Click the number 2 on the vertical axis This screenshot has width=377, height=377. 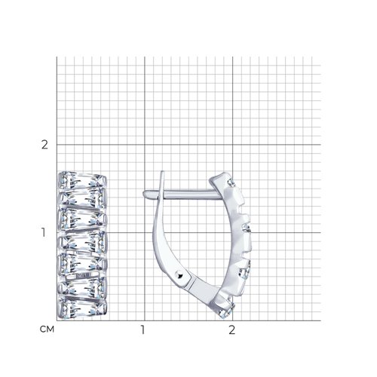pyautogui.click(x=44, y=145)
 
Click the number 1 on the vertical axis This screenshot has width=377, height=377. pyautogui.click(x=44, y=232)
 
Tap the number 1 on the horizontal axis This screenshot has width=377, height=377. pyautogui.click(x=143, y=329)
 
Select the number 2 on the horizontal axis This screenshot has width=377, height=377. pyautogui.click(x=231, y=329)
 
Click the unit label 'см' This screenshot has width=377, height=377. pyautogui.click(x=47, y=329)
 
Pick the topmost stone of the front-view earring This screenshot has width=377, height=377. pyautogui.click(x=82, y=179)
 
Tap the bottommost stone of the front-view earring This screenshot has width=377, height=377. pyautogui.click(x=82, y=308)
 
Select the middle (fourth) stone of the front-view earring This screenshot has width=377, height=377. pyautogui.click(x=82, y=241)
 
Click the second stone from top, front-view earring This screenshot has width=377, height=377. pyautogui.click(x=82, y=198)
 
